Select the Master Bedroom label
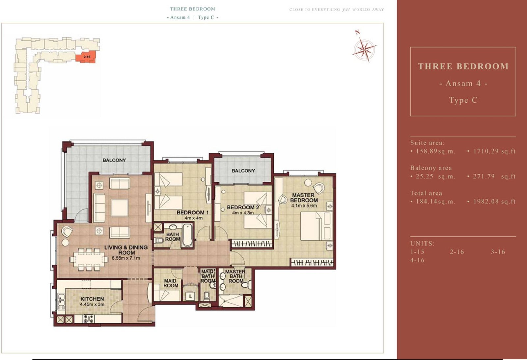[304, 198]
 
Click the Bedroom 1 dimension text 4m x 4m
[193, 218]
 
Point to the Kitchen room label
[92, 299]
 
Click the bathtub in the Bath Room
[187, 236]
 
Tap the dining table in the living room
[89, 259]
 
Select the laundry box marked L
[190, 296]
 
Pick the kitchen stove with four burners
[88, 319]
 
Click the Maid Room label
[171, 283]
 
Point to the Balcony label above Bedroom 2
[243, 171]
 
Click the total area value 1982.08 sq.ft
[494, 201]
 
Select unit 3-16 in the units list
[498, 252]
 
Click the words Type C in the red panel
[463, 100]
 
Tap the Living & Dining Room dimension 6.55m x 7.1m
[126, 258]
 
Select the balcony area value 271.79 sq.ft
[494, 176]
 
